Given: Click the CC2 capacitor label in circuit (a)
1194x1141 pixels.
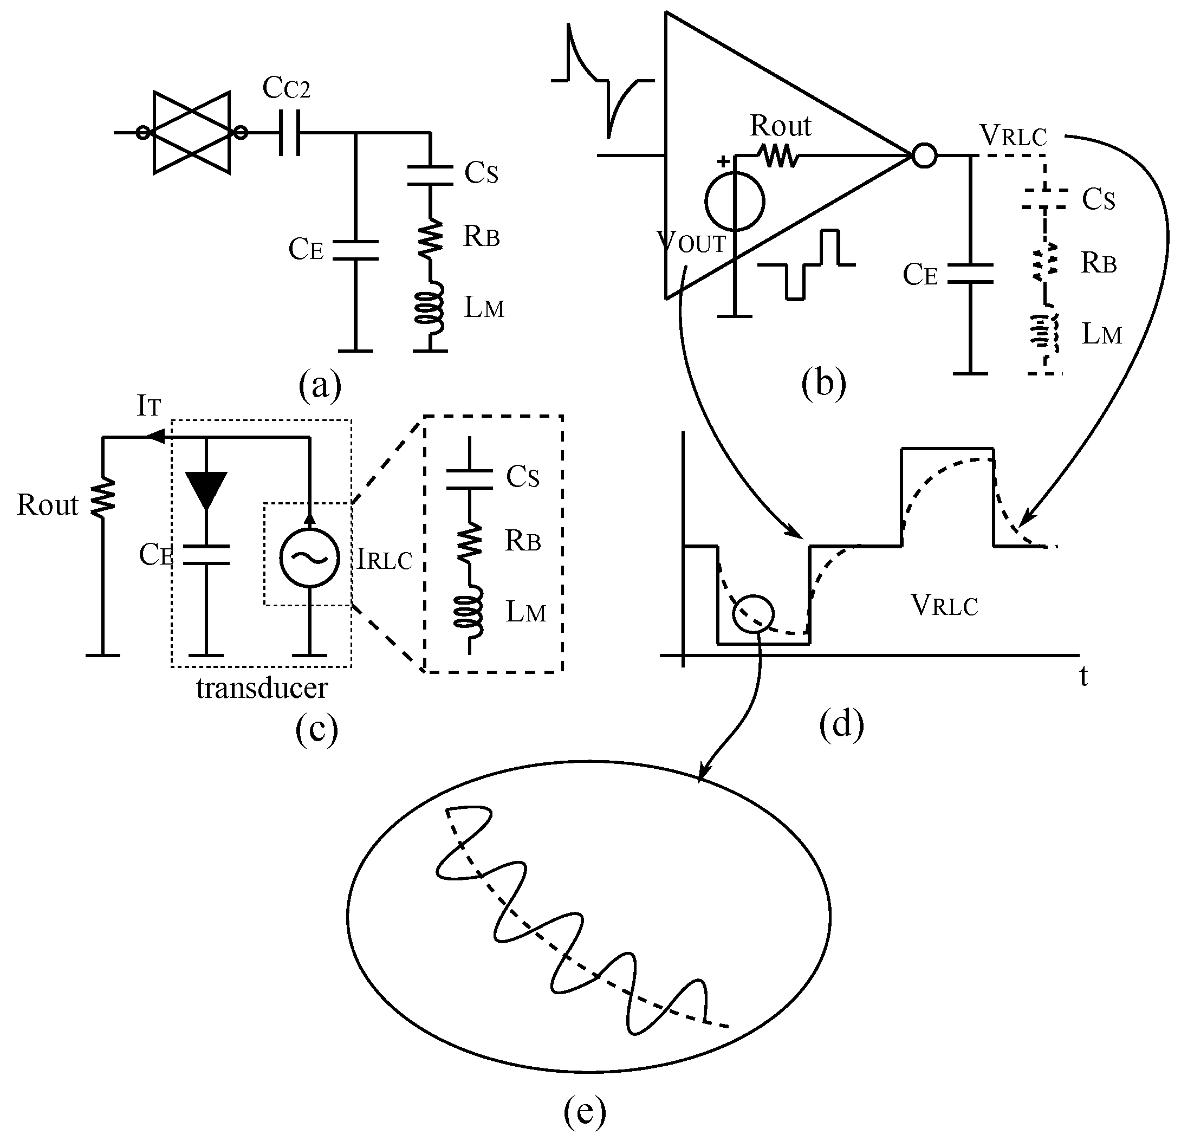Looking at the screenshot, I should [x=286, y=89].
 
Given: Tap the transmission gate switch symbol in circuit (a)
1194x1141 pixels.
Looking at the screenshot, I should [x=192, y=133].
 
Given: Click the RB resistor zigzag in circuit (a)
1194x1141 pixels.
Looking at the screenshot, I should [x=431, y=237].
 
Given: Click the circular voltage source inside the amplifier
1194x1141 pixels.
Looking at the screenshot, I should [x=735, y=202].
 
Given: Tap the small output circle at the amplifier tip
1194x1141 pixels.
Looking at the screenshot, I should [x=924, y=155].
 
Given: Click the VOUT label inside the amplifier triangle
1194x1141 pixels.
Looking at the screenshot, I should [x=692, y=242].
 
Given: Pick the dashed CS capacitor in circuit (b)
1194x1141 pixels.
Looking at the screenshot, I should [x=1044, y=199].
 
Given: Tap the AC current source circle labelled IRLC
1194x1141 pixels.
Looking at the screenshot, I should [x=309, y=557].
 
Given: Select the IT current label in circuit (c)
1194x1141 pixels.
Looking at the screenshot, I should [x=148, y=406].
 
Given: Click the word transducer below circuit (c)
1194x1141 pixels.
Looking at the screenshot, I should [x=262, y=688].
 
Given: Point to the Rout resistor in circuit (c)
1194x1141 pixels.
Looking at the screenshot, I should [x=103, y=499].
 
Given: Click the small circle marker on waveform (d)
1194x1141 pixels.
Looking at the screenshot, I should [x=753, y=614].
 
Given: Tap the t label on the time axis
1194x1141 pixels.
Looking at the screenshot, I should [x=1083, y=676].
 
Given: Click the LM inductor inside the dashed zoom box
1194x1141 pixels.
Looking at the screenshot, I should [x=470, y=612].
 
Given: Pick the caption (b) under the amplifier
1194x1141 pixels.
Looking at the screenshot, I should [x=823, y=384].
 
